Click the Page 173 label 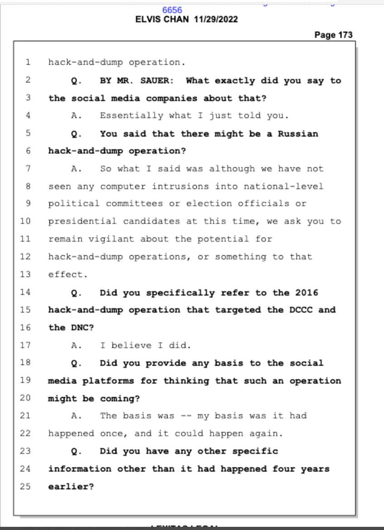point(333,35)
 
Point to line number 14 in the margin point(25,292)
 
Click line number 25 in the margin point(25,486)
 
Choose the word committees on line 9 point(134,204)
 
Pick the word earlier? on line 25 point(71,486)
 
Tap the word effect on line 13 point(66,274)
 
